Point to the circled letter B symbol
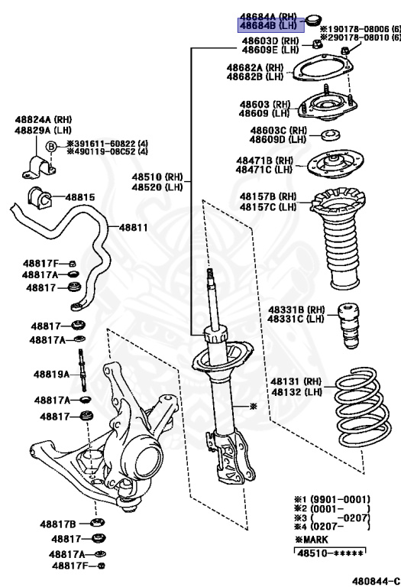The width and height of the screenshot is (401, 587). (x=51, y=147)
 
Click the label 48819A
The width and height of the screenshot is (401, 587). (x=51, y=375)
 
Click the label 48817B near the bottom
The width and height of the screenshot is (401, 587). (x=59, y=524)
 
